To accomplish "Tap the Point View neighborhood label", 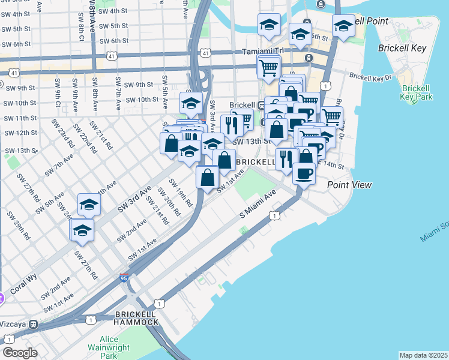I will coord(349,185).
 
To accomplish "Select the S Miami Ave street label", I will coord(258,203).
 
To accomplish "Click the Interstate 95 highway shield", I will coord(124,277).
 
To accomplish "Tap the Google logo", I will coord(20,352).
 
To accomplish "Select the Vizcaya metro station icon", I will coord(34,324).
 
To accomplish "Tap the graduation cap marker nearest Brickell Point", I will coord(343,26).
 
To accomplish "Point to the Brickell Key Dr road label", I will coord(370,77).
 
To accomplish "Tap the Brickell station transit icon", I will coord(262,105).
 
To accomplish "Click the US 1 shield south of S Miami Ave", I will coord(274,215).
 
